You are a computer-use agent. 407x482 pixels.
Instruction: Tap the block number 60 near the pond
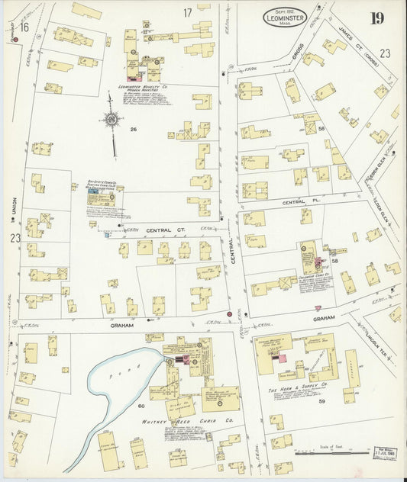pos(141,405)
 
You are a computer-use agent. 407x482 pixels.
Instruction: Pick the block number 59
pos(322,400)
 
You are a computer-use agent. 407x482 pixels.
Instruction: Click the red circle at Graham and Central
pos(228,313)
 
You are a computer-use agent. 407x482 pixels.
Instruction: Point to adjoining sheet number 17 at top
pos(186,13)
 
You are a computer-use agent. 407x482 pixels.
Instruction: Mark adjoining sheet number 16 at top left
pos(24,27)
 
